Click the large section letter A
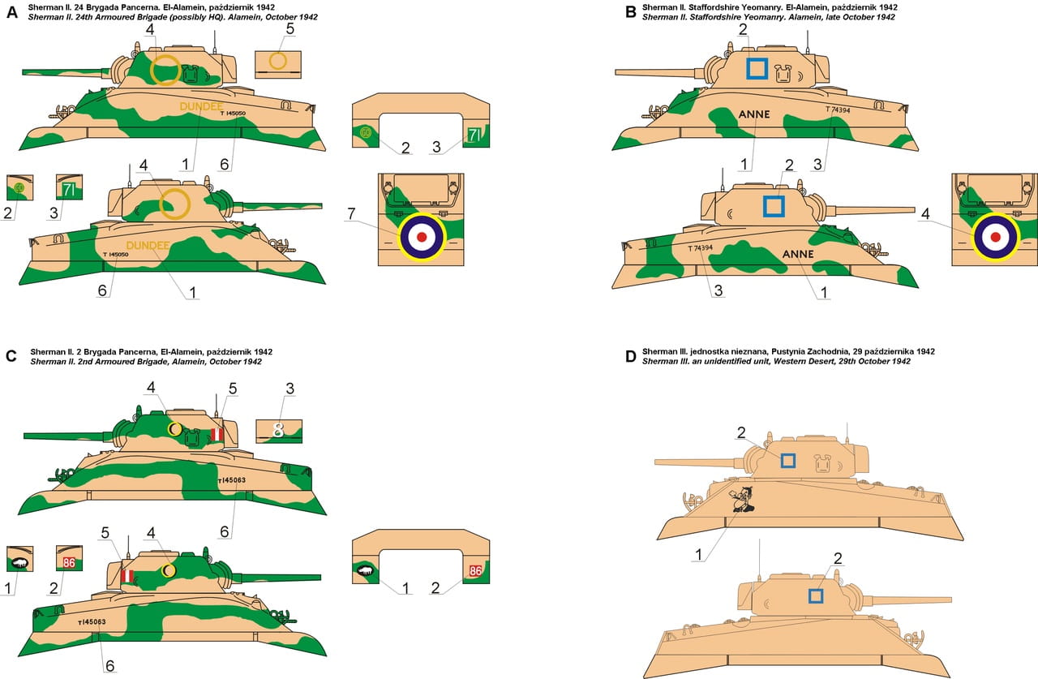tap(12, 12)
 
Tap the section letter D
tap(630, 356)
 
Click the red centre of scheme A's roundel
tap(422, 238)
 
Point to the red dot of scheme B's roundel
tap(995, 238)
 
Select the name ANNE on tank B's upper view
tap(754, 114)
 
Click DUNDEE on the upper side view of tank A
tap(201, 106)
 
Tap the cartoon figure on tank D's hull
tap(743, 499)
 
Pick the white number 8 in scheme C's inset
tap(278, 430)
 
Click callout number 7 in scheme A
tap(351, 213)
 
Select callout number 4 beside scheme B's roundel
tap(925, 213)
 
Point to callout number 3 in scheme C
tap(290, 389)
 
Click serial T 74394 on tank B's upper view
tap(838, 110)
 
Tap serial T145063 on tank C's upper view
tap(232, 480)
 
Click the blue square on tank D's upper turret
tap(787, 461)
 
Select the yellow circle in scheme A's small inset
tap(278, 61)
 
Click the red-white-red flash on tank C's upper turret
tap(217, 434)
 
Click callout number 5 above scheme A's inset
tap(290, 28)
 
